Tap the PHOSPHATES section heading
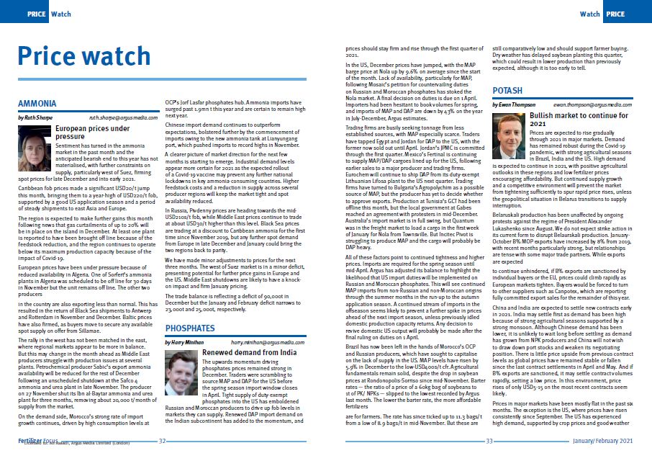(x=189, y=328)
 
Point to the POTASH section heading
(x=507, y=91)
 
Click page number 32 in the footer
(x=163, y=440)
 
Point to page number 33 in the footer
(x=489, y=440)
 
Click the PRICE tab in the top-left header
(x=37, y=14)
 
